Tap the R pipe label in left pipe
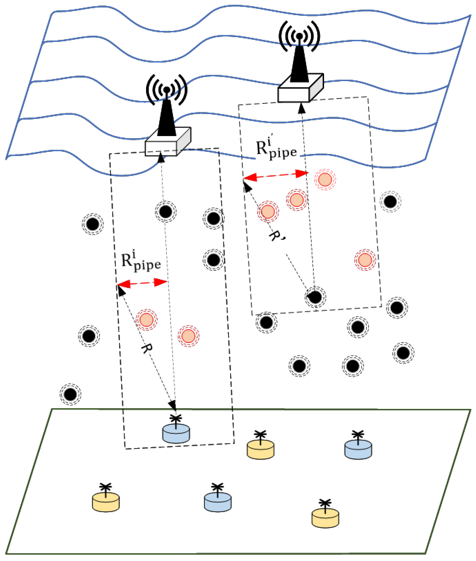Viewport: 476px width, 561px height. (141, 261)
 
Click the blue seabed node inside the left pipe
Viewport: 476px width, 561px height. (176, 434)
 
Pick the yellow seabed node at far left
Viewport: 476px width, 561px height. (106, 502)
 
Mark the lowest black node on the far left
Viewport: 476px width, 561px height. (70, 394)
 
